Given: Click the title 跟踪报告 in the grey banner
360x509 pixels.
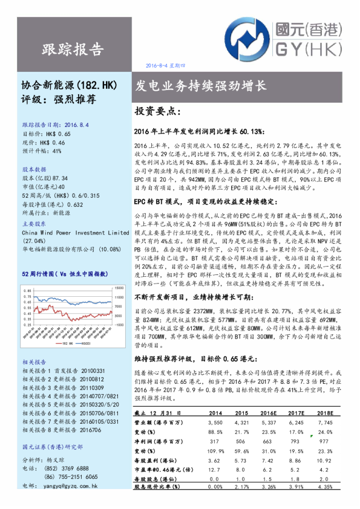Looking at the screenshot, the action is click(73, 49).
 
